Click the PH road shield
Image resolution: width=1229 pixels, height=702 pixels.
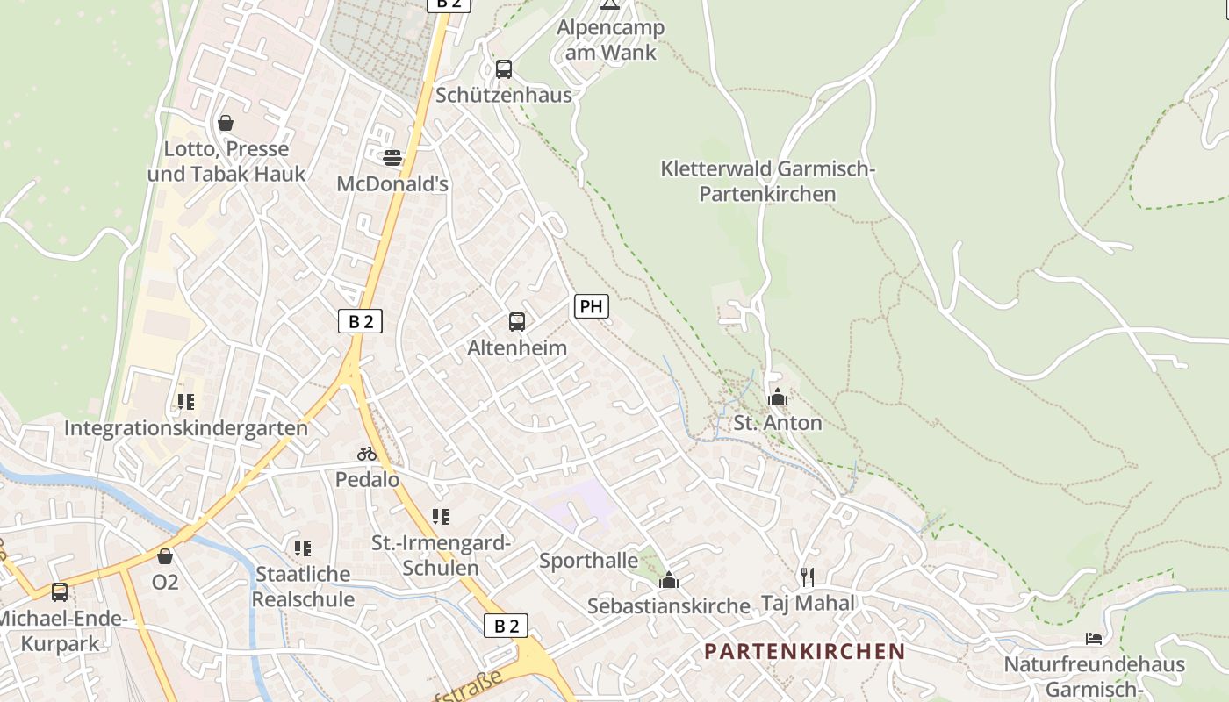[x=591, y=306]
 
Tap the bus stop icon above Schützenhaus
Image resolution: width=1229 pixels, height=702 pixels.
[x=504, y=69]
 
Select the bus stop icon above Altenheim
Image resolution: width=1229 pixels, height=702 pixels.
[x=517, y=322]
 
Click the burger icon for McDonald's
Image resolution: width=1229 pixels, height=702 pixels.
[x=392, y=158]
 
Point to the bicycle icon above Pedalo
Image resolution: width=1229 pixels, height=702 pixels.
[x=367, y=454]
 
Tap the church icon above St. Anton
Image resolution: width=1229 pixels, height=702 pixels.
[x=777, y=397]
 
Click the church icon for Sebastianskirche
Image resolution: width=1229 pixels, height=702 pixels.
[x=669, y=580]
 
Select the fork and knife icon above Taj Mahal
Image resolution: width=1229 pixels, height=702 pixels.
[x=808, y=577]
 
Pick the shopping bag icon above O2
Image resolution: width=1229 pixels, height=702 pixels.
[x=165, y=555]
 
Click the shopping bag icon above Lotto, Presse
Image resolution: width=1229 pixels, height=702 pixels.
[x=226, y=123]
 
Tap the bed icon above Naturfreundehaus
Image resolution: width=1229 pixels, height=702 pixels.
[x=1094, y=638]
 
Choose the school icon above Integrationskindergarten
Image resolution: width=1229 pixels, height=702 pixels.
[x=186, y=402]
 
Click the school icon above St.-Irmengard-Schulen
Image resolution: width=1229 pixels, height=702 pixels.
[x=441, y=517]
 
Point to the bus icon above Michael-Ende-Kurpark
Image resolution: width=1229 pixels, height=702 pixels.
[x=60, y=591]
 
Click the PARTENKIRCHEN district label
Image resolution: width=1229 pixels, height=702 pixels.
[x=805, y=651]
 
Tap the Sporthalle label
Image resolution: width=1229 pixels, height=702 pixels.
[x=589, y=560]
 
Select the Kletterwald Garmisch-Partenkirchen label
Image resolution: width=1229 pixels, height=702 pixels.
[x=768, y=181]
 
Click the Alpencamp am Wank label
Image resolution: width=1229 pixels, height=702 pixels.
[x=611, y=39]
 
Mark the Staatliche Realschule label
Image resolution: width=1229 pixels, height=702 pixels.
[x=303, y=586]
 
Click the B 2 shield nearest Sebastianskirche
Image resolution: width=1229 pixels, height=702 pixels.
[x=507, y=626]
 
